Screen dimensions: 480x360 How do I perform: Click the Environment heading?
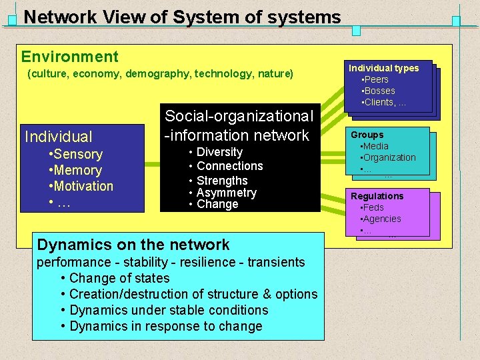69,57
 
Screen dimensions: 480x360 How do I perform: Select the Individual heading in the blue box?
59,137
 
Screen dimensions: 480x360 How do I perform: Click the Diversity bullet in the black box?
219,152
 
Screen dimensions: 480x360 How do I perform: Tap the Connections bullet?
229,166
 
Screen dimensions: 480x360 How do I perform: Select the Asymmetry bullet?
226,193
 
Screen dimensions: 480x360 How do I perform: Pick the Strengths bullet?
222,181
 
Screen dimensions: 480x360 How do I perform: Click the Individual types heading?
383,68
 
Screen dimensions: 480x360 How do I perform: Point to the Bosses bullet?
378,91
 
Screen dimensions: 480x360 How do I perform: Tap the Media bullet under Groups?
376,146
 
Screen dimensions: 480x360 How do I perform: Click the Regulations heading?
377,196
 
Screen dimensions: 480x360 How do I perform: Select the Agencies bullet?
382,219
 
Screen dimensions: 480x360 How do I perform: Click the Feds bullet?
373,207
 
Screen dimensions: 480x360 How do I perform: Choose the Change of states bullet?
119,278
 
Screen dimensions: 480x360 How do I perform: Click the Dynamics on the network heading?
133,245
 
